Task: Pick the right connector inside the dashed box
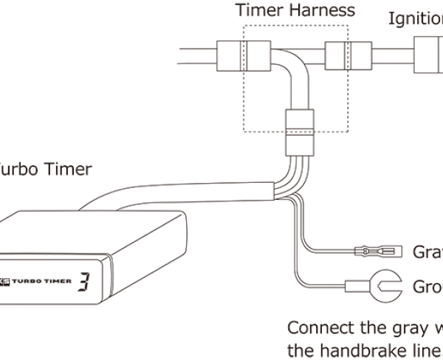[x=340, y=55]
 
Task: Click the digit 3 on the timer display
[x=85, y=280]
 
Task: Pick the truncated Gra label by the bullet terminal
[x=426, y=252]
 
